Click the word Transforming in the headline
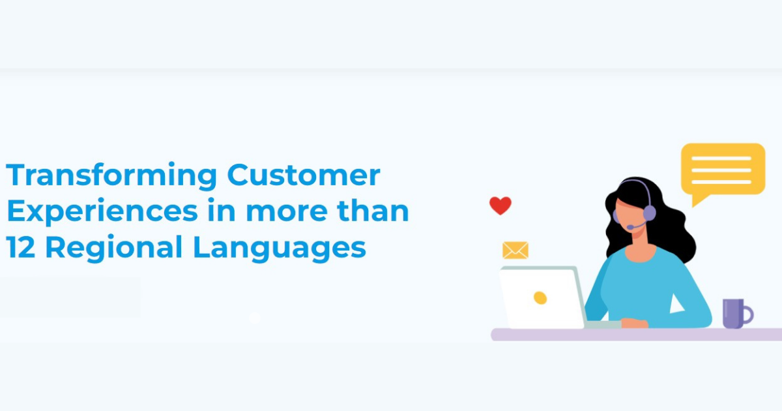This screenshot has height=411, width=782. coord(111,175)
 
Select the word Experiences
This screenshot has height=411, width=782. coord(102,212)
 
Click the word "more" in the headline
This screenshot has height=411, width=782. coord(287,212)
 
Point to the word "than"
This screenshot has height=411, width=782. coord(373,210)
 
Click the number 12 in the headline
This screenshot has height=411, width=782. coord(21,247)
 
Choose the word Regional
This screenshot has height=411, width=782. coord(114,248)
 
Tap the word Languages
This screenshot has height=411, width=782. coord(280,248)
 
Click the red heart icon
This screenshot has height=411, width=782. coord(500,205)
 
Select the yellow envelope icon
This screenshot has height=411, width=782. coord(515,251)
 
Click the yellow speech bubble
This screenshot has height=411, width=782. coord(723,170)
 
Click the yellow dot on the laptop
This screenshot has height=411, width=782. coord(540,297)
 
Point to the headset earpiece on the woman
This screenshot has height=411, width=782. coord(650,213)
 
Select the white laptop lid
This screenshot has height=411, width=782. coord(541,297)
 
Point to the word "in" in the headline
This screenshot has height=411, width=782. coord(222,209)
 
